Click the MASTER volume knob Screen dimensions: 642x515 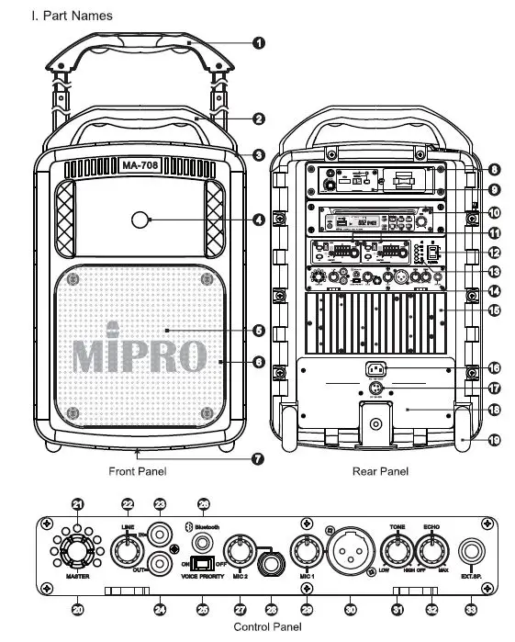(76, 552)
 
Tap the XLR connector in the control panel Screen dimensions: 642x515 (346, 554)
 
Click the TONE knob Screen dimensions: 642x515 (397, 552)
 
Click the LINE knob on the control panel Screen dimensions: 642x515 (126, 552)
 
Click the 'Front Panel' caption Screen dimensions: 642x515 (136, 471)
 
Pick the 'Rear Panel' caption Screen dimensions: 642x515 (380, 471)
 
